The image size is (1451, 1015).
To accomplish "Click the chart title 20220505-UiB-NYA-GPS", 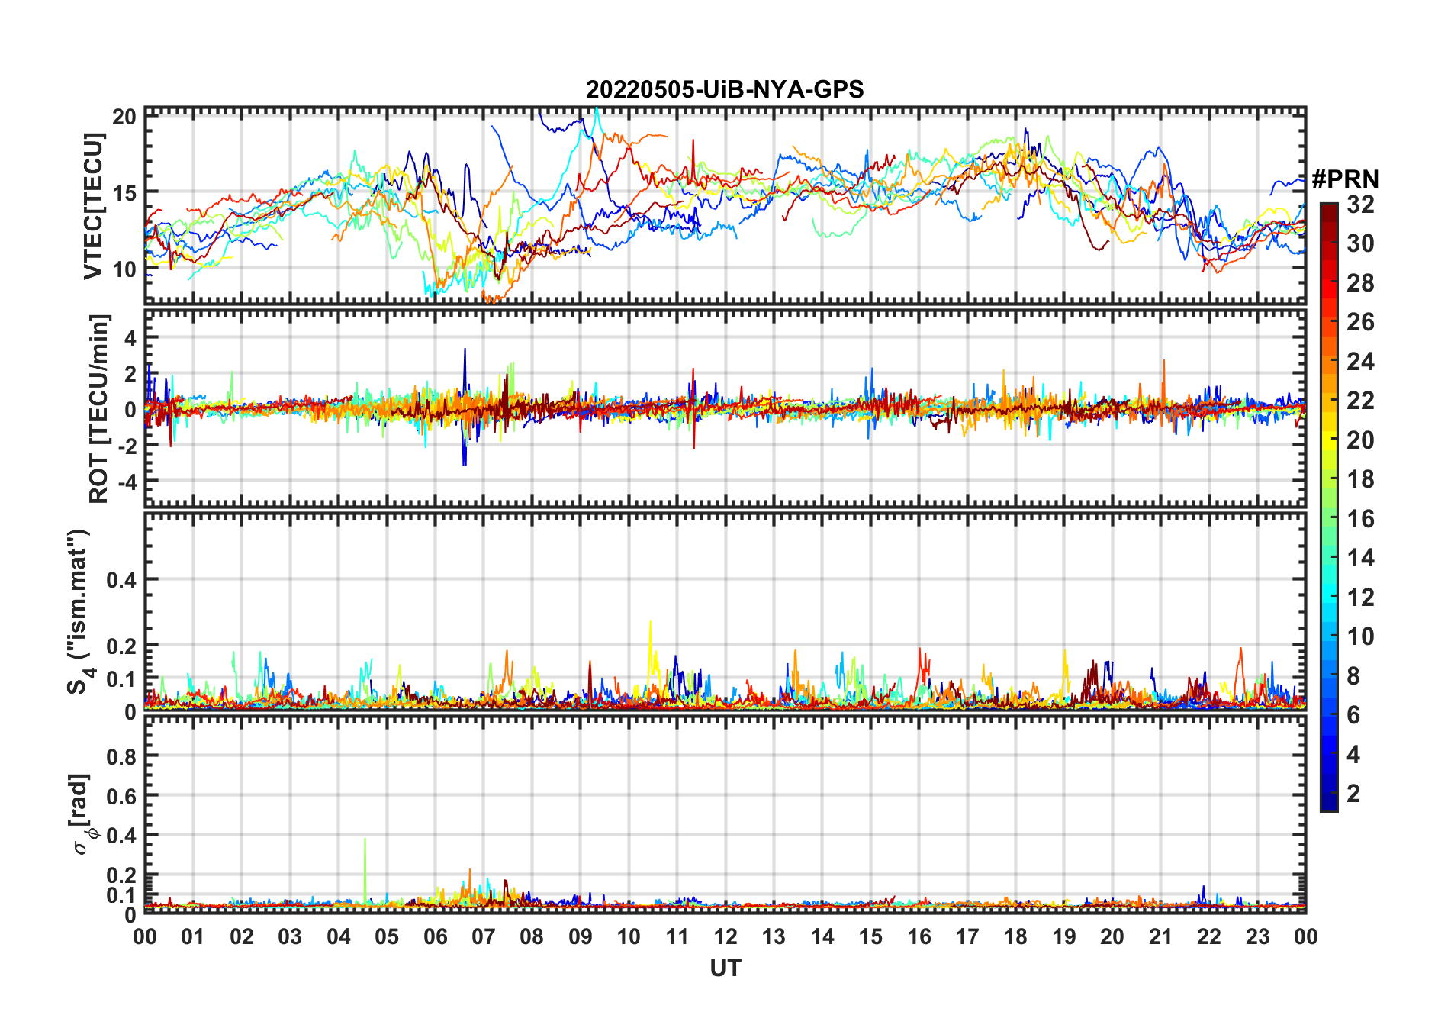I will [725, 89].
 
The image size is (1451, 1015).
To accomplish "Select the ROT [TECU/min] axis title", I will [99, 408].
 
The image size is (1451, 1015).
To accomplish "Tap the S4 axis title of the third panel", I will [79, 611].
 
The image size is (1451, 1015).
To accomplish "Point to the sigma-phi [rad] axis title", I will [82, 814].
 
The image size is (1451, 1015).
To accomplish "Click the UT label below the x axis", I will [725, 968].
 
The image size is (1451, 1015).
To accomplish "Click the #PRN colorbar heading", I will [1345, 179].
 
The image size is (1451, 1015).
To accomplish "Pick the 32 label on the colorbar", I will [1360, 205].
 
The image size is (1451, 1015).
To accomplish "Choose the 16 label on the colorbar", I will [1360, 519].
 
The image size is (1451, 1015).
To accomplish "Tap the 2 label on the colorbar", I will [1353, 794].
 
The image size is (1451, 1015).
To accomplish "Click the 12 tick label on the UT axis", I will [725, 936].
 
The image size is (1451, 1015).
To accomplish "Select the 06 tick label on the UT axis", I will [435, 936].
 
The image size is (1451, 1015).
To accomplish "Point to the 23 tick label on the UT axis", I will [1257, 936].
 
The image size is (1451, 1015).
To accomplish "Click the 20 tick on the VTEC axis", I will [124, 117].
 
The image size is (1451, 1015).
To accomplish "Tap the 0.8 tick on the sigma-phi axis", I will [121, 756].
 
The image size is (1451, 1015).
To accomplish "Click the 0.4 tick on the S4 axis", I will [121, 579].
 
